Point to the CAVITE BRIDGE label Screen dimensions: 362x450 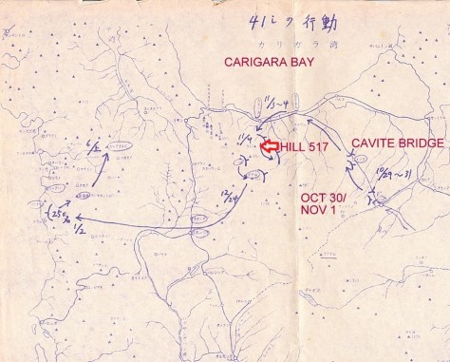pyautogui.click(x=398, y=143)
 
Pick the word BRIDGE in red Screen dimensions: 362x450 pyautogui.click(x=419, y=143)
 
